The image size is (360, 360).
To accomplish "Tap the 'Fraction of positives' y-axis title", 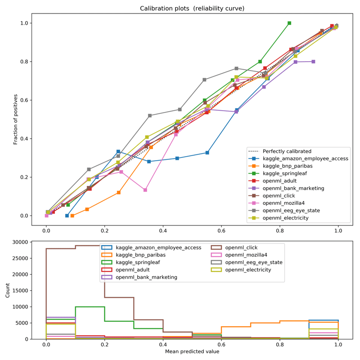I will pos(16,119).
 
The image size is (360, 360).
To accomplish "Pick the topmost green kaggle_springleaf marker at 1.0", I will pos(289,23).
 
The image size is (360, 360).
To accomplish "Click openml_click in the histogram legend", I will pos(247,247).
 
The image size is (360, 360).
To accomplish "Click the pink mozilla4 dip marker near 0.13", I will pos(145,190).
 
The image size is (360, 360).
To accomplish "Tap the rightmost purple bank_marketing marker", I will pos(313,62).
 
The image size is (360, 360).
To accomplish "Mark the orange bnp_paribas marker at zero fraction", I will pos(72,216).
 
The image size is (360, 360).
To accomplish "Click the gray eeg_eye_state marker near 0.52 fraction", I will pos(150,116).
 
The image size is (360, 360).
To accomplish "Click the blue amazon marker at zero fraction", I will pos(67,216).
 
